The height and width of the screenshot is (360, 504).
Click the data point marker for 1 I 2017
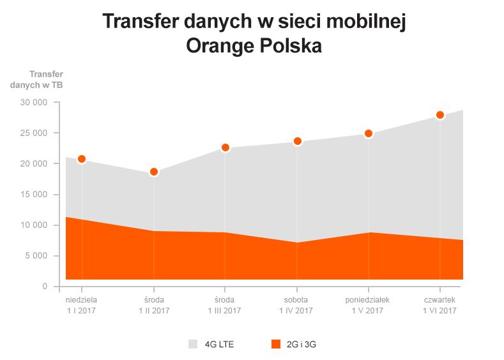82,159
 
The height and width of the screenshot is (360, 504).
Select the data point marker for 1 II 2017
153,172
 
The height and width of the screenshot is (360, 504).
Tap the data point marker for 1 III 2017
225,148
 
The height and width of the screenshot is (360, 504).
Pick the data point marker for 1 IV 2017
297,141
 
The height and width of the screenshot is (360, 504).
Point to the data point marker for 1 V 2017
369,134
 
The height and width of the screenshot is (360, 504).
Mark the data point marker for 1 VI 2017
440,115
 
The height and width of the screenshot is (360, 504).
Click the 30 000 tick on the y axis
34,102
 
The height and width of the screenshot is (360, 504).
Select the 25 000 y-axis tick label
34,133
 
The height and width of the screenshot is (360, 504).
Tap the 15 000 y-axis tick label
34,194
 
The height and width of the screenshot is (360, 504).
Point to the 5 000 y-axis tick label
36,255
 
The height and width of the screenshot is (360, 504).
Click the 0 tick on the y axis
45,286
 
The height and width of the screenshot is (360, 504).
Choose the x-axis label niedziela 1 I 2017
82,305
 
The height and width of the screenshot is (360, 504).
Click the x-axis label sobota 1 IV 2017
297,305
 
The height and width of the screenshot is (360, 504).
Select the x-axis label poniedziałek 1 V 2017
369,305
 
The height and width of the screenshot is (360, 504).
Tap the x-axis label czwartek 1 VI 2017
440,305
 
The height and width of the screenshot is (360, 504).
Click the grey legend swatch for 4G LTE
193,345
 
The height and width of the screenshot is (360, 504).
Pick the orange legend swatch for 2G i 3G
275,345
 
